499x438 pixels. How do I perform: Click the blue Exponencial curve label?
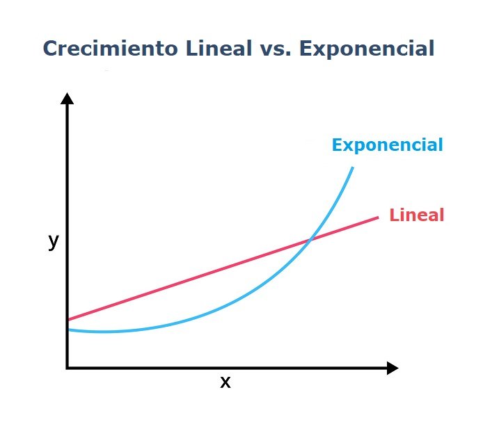387,145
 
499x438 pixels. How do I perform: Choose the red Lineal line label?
416,215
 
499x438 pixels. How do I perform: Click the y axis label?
53,241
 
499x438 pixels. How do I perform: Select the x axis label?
225,382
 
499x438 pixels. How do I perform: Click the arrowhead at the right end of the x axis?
393,368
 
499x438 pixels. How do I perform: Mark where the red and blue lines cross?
309,241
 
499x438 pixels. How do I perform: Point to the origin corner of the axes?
68,368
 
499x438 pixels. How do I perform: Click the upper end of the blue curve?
353,168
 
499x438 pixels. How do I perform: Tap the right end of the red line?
377,218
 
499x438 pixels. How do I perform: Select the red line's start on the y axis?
68,320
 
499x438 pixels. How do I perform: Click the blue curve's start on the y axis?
68,329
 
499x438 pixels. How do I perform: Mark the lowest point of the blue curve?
104,332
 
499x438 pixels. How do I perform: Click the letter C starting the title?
50,49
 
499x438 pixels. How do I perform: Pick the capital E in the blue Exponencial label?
337,145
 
